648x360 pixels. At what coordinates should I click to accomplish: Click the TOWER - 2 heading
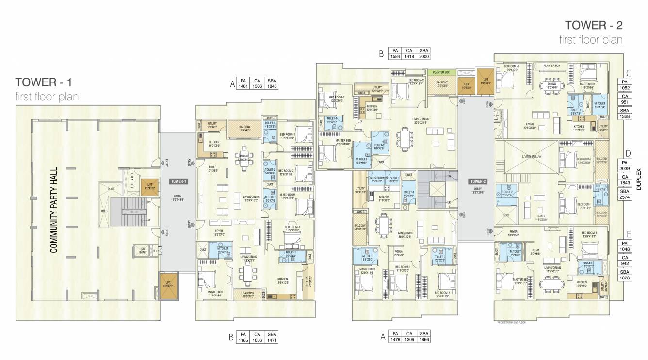(x=593, y=25)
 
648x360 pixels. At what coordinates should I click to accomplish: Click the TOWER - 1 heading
(x=46, y=82)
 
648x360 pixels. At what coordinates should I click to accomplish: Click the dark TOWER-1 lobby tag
(x=178, y=181)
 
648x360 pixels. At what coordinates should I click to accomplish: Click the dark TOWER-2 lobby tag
(x=474, y=181)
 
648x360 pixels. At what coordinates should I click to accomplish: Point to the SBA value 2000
(x=424, y=57)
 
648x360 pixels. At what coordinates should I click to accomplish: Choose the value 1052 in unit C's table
(x=625, y=87)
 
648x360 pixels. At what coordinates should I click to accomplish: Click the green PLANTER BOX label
(x=441, y=72)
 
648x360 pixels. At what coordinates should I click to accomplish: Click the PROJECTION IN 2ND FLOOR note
(x=511, y=322)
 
